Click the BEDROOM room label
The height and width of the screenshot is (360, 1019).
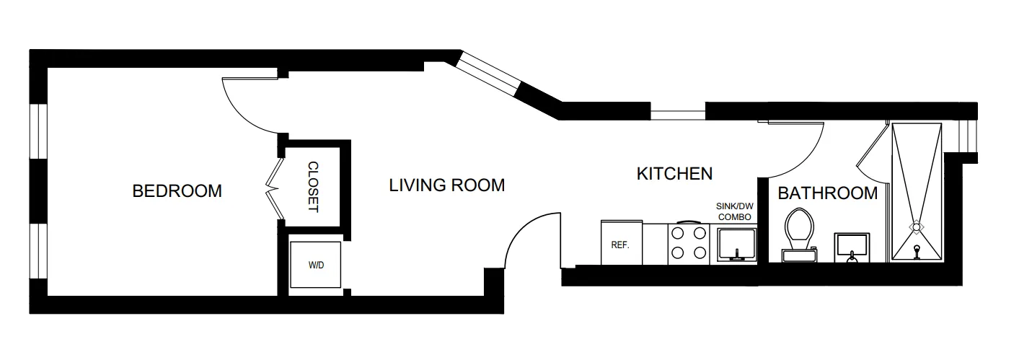click(x=177, y=191)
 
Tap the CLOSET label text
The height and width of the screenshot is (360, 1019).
click(x=314, y=187)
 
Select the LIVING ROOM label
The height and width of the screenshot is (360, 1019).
click(x=446, y=185)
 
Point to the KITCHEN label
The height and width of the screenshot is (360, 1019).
click(x=674, y=173)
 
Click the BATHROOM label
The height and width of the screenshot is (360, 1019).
click(x=827, y=193)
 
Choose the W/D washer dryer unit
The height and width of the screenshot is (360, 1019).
click(x=317, y=265)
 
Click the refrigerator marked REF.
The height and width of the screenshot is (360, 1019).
click(x=620, y=243)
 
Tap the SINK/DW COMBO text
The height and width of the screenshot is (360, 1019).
click(x=734, y=211)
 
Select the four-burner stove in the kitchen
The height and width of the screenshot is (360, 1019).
click(x=689, y=243)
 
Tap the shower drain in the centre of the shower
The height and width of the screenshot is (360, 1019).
click(x=916, y=227)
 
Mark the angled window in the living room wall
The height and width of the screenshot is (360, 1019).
click(x=490, y=74)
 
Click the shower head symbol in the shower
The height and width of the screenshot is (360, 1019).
click(x=917, y=251)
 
